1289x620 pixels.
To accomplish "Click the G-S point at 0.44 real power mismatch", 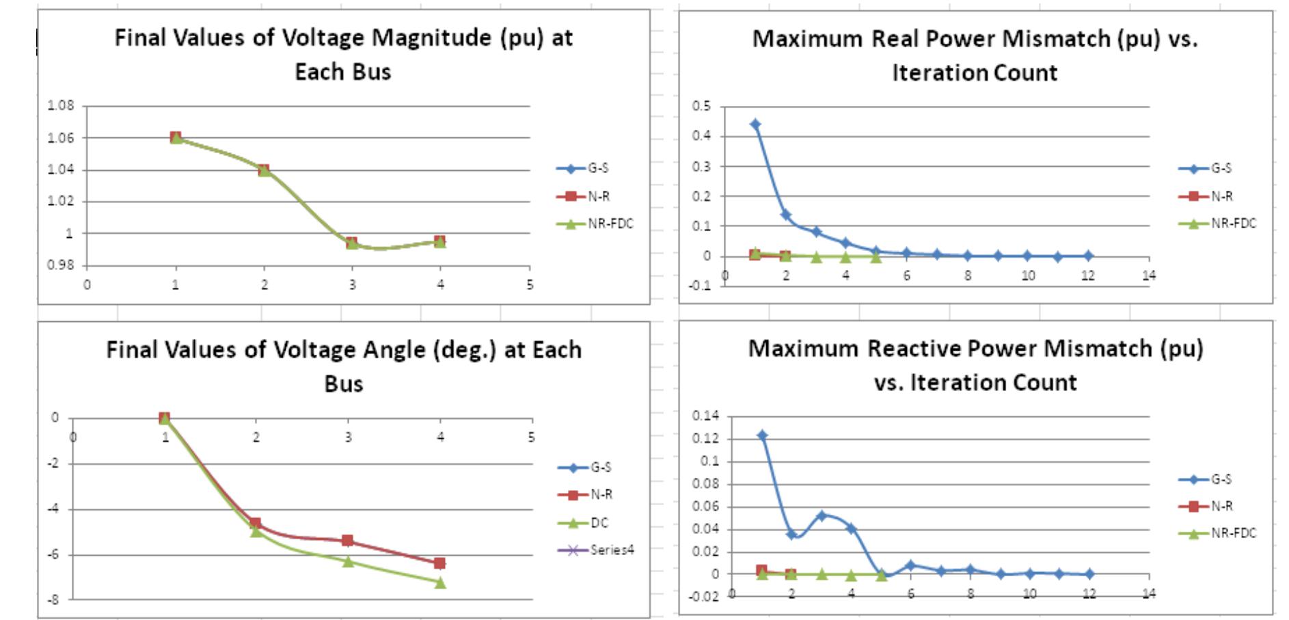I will (755, 124).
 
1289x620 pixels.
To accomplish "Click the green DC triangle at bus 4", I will (440, 582).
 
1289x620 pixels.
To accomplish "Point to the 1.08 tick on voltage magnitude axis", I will (60, 105).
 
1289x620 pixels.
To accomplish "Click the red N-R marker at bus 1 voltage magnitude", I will (176, 137).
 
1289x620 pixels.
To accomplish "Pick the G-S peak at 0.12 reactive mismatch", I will (762, 435).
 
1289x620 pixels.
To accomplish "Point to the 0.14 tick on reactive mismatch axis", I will (705, 416).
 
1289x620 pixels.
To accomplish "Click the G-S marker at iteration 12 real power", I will (1088, 256).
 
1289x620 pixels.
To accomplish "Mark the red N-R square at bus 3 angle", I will (347, 541).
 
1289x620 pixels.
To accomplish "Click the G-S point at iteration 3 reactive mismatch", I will (822, 515).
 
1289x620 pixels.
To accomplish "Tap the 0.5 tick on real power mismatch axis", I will (701, 106).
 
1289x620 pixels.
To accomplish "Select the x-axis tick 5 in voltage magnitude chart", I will (529, 285).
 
